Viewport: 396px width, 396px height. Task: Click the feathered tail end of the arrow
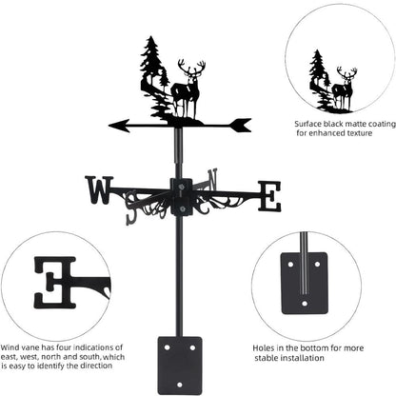coord(240,124)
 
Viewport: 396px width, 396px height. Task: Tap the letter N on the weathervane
coord(210,178)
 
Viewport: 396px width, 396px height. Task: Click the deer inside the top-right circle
coord(344,89)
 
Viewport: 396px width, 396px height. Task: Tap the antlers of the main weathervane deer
coord(191,69)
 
